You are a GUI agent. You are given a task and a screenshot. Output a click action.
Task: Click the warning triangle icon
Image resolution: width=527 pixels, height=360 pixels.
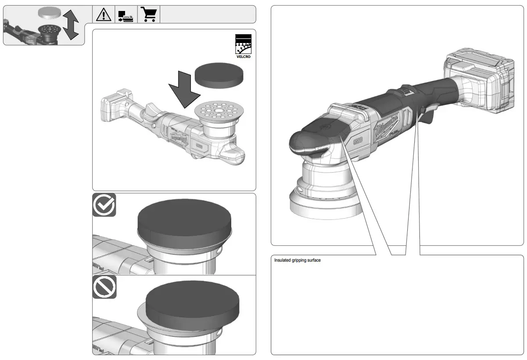(x=104, y=14)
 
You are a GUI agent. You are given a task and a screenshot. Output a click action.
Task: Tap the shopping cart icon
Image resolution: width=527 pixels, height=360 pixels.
(x=149, y=14)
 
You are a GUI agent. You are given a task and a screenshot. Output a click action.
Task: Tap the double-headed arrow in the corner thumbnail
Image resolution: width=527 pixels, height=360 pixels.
(x=70, y=25)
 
